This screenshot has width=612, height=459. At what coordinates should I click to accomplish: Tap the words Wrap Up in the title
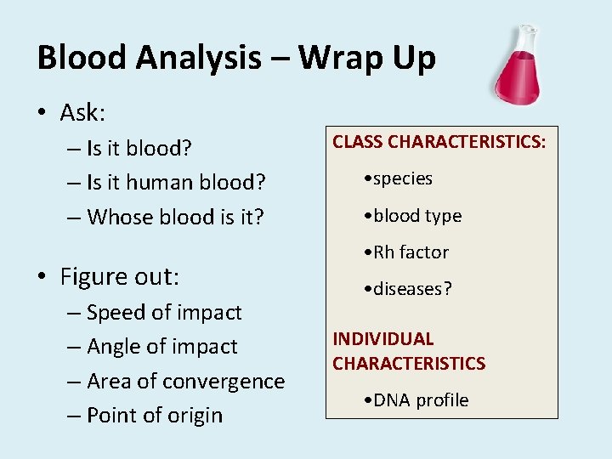(x=366, y=58)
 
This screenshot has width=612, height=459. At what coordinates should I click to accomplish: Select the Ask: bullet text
(x=82, y=112)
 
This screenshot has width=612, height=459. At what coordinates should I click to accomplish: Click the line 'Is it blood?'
(x=139, y=149)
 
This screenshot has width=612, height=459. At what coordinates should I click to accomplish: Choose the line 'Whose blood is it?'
(x=175, y=218)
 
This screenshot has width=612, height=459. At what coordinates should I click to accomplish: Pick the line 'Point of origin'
(x=155, y=416)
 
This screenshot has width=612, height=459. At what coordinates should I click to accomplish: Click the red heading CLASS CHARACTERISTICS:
(x=439, y=142)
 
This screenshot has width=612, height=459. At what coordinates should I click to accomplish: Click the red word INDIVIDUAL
(x=383, y=339)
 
